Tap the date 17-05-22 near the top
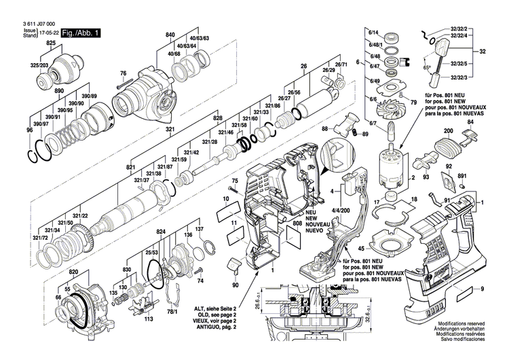tap(48, 31)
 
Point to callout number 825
tap(50, 43)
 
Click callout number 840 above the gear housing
tap(170, 34)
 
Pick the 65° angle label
tap(427, 69)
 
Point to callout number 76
tap(124, 73)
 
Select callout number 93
tap(426, 177)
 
